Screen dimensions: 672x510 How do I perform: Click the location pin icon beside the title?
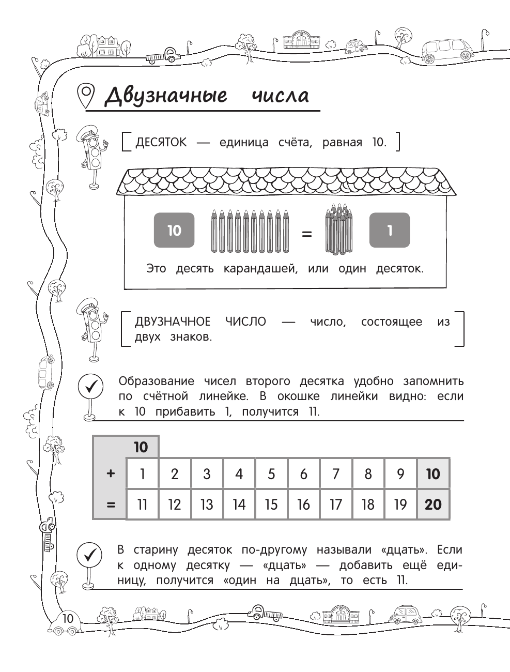[86, 96]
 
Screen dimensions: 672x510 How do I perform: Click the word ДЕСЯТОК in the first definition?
[161, 142]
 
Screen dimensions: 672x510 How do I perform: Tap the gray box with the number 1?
[389, 230]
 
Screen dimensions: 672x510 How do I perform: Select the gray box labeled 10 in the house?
[174, 230]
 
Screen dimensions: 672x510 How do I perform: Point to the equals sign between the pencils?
[306, 234]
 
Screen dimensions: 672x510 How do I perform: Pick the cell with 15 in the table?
[271, 504]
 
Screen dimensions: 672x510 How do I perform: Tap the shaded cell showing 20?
[433, 504]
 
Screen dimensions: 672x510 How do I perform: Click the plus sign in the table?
[110, 474]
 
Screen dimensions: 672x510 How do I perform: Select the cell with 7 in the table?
[336, 474]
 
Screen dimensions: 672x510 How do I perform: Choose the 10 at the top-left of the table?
[141, 447]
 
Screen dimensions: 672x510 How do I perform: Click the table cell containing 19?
[400, 504]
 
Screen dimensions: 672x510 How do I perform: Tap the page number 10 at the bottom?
[68, 619]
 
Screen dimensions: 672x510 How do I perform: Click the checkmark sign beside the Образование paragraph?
[90, 386]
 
